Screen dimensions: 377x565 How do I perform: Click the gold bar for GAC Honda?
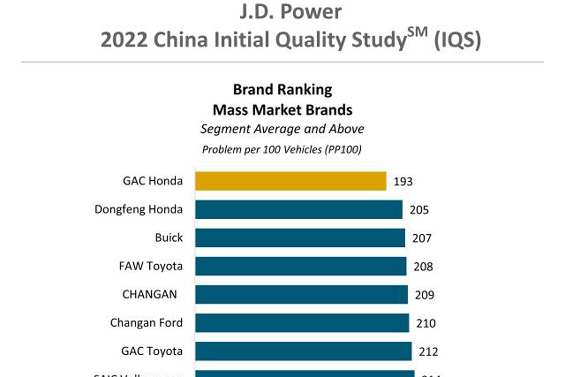[x=291, y=181]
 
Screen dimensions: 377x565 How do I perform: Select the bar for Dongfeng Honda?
[x=299, y=209]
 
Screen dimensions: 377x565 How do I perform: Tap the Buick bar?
[x=300, y=238]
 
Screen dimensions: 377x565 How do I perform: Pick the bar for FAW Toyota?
[x=301, y=266]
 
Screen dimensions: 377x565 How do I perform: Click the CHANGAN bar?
[x=301, y=295]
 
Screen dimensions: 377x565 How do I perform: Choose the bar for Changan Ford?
[x=302, y=323]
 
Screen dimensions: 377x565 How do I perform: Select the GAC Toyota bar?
[x=303, y=351]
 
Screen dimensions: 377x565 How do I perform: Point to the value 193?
[x=403, y=181]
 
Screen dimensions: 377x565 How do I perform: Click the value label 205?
[x=419, y=210]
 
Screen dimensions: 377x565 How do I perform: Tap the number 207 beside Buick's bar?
[x=421, y=238]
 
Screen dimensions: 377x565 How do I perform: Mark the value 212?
[x=428, y=352]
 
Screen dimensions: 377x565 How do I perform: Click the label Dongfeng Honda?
[x=138, y=209]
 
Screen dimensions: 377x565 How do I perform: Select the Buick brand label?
[x=169, y=238]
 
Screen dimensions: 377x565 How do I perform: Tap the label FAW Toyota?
[x=151, y=266]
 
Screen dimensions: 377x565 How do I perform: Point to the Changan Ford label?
[x=146, y=323]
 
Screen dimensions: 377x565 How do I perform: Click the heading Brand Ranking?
[x=282, y=90]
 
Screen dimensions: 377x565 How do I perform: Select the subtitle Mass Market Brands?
[x=282, y=110]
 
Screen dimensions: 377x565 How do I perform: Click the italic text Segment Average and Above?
[x=282, y=129]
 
